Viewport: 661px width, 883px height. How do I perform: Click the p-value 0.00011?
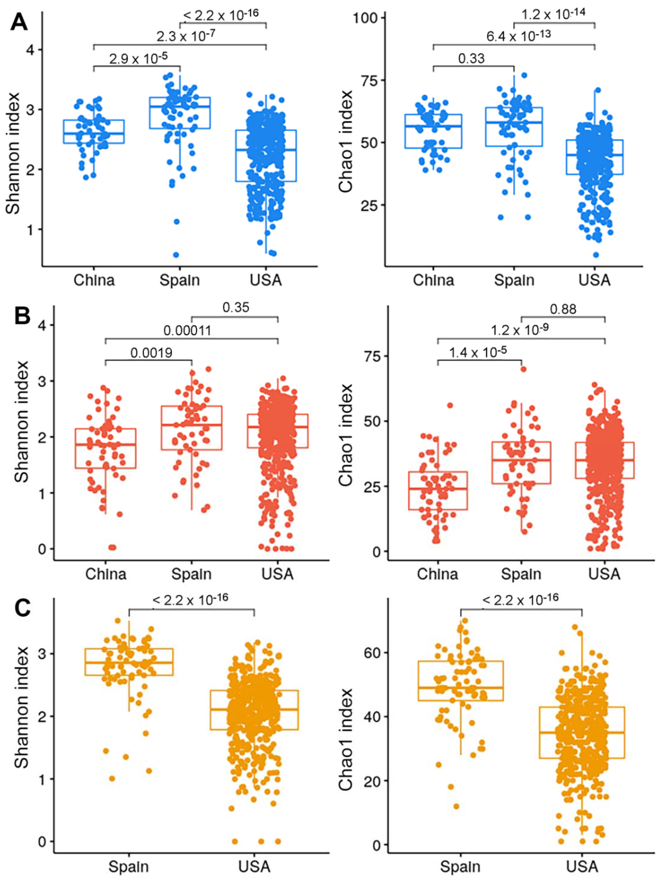pos(187,330)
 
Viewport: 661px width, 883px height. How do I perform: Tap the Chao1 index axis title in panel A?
pos(346,142)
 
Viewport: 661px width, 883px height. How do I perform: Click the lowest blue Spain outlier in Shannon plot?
pos(176,255)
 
